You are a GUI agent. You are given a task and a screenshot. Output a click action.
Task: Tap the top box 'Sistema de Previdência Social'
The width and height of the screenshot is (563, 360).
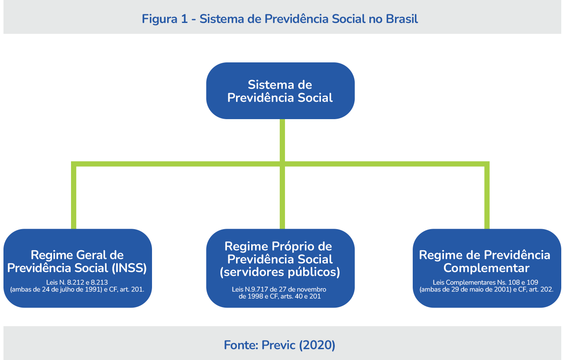(x=280, y=91)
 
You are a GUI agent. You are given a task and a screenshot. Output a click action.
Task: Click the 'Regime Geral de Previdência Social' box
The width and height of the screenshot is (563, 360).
(x=78, y=268)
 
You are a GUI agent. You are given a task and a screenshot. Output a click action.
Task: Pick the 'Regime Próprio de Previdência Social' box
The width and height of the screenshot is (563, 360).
(x=280, y=268)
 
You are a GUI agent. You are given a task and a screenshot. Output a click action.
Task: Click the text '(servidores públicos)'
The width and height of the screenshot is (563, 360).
(x=280, y=272)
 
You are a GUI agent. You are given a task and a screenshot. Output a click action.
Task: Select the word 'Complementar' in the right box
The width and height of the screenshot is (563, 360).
(x=486, y=268)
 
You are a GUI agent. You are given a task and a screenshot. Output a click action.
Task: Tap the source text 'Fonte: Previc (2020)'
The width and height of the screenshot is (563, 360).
(x=280, y=345)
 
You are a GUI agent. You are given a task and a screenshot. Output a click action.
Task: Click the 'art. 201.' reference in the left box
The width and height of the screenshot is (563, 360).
(x=132, y=289)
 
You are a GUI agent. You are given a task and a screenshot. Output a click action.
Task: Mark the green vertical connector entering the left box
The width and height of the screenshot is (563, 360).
(x=74, y=197)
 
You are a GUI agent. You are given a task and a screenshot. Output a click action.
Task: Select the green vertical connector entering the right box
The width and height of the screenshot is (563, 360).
(x=487, y=197)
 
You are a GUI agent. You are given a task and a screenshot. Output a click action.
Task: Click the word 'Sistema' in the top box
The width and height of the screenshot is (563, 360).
(x=264, y=84)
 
